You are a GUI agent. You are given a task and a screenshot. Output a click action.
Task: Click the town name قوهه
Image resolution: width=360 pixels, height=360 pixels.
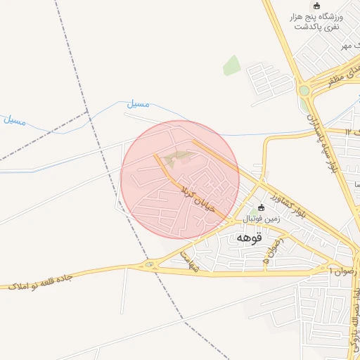coord(249,238)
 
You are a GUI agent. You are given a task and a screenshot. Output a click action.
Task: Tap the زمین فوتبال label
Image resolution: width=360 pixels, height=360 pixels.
coord(262,219)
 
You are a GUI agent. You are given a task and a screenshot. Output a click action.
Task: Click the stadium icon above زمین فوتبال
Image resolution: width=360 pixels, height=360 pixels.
coord(262,208)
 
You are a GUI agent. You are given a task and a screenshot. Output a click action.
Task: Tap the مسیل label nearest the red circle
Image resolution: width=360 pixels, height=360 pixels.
coord(138,104)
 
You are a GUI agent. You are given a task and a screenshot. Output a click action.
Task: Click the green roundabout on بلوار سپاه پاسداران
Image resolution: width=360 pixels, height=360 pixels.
coord(304,91)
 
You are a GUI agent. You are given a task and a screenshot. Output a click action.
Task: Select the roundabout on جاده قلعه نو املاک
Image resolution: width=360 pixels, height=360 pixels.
coord(149,265)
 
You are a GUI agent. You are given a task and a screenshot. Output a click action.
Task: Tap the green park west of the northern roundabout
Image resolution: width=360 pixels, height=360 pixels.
coord(231,65)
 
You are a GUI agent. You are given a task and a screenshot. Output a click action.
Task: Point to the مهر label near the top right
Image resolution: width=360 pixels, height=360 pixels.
coord(345,46)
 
